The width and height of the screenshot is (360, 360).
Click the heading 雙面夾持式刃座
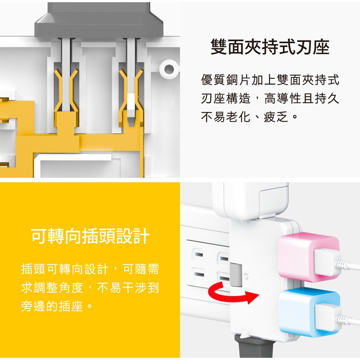point(270,47)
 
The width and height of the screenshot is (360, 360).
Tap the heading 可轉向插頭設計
point(90,236)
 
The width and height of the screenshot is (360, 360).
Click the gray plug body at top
point(99,21)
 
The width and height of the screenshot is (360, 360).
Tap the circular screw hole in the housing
point(169,69)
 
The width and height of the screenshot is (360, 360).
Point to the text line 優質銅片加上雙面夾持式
point(270,80)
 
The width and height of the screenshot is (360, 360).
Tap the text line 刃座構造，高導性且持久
point(270,98)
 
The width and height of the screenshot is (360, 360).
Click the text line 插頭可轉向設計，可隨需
point(90,269)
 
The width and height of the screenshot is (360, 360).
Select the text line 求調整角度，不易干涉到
point(90,288)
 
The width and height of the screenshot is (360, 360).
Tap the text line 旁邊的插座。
point(57,306)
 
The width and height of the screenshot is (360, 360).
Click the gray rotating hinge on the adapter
point(236,275)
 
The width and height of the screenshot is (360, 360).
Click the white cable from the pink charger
point(348,265)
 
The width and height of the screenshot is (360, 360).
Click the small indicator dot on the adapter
point(246,276)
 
